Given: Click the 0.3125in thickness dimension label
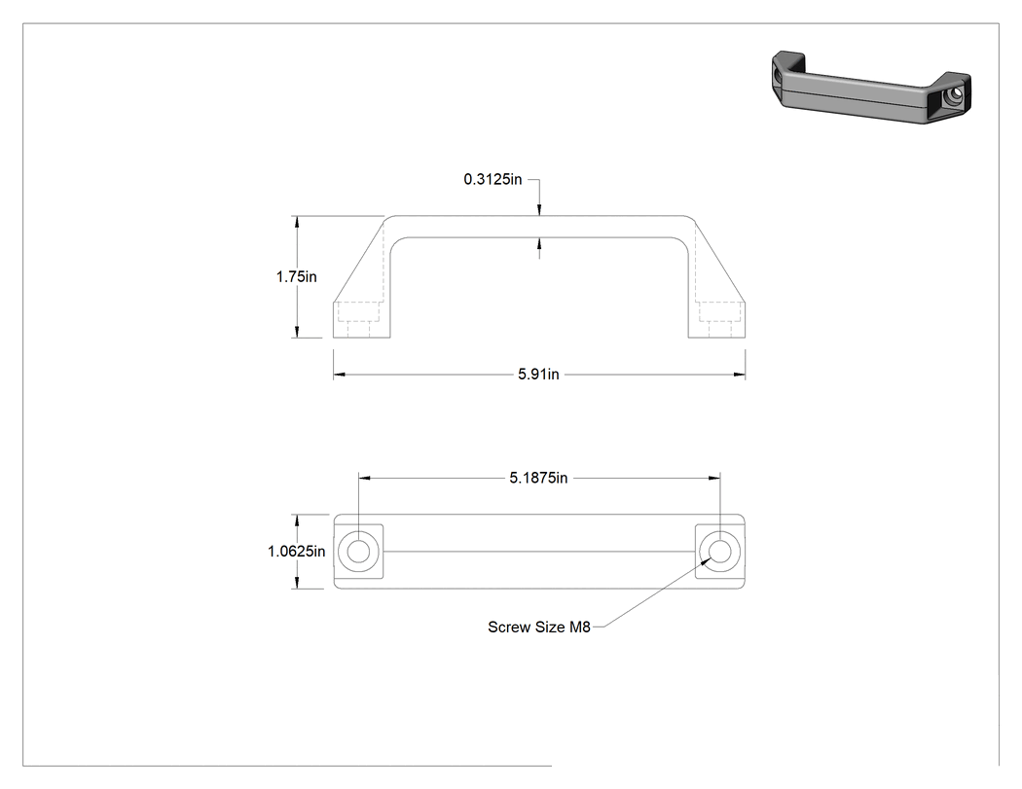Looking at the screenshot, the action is (x=493, y=179).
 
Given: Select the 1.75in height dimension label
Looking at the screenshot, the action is (x=297, y=277).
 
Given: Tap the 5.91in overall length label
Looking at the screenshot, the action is (x=538, y=375).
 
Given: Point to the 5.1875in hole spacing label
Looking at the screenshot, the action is (x=538, y=479).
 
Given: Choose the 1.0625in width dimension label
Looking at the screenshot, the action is (x=297, y=552).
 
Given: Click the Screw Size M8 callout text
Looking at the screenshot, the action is (x=539, y=627).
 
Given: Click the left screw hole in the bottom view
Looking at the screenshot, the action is (x=358, y=552).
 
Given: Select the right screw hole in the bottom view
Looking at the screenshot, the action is (x=719, y=552).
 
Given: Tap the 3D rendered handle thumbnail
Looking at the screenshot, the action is (x=871, y=87).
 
